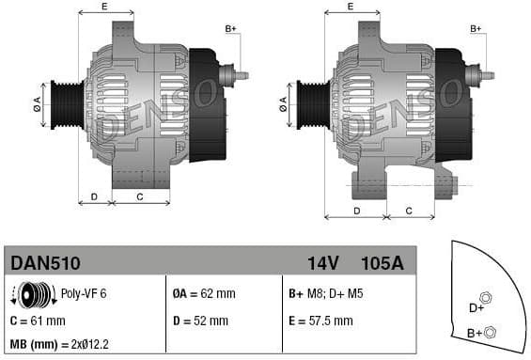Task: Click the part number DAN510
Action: click(44, 263)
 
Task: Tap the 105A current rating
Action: click(382, 263)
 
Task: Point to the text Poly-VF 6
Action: click(83, 294)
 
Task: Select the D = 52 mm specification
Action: click(201, 321)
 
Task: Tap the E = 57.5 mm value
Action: click(320, 321)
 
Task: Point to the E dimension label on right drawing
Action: click(351, 8)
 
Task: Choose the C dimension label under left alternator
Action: click(140, 196)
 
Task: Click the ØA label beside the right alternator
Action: click(282, 107)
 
